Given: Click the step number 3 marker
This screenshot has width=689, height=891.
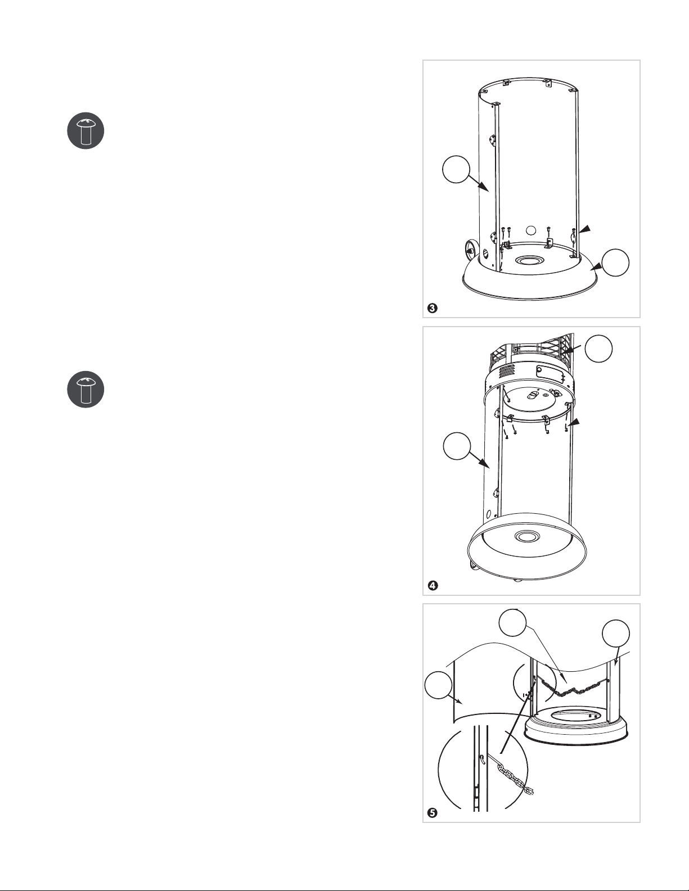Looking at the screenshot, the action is (433, 308).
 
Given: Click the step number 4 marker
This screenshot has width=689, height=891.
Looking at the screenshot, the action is (433, 586).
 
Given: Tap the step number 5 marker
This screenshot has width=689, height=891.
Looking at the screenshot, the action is (433, 813).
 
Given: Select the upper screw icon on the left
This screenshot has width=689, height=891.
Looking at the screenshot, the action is (85, 130).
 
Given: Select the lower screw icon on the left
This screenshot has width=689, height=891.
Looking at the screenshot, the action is (85, 389).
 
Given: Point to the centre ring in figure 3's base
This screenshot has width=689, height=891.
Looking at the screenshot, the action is (531, 260).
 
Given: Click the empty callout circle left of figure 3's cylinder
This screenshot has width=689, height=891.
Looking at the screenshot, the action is (456, 169).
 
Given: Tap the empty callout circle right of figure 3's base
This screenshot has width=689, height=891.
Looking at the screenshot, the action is (615, 263).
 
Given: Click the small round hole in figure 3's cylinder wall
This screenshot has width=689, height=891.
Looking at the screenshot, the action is (531, 230).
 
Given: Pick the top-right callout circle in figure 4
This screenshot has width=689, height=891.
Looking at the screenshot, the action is (598, 349).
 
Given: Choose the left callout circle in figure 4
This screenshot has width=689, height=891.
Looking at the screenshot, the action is (457, 446).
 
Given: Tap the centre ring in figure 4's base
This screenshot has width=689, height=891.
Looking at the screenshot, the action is (525, 536).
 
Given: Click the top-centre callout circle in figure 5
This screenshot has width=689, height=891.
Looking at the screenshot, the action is (512, 622).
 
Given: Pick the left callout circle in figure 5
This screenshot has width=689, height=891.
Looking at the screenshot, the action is (438, 685).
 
